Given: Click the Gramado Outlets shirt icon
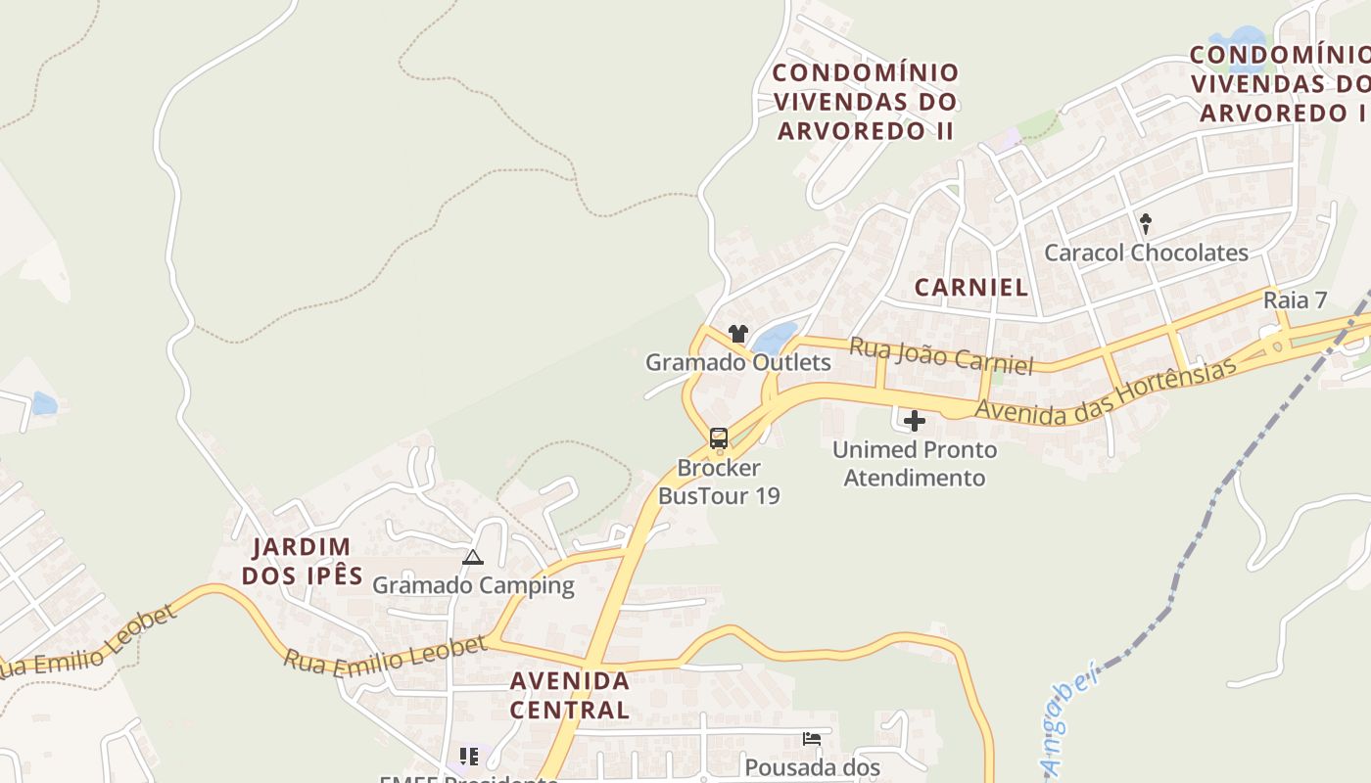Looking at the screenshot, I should pyautogui.click(x=738, y=334).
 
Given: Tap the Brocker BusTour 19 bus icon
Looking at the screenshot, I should pyautogui.click(x=719, y=438).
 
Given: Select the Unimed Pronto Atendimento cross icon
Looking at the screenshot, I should pyautogui.click(x=915, y=421).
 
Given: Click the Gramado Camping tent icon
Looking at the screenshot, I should pyautogui.click(x=473, y=558).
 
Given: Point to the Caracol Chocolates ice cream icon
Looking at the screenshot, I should pyautogui.click(x=1146, y=224).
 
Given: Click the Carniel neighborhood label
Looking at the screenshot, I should pyautogui.click(x=970, y=287).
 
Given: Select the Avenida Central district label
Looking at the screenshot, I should pyautogui.click(x=569, y=695).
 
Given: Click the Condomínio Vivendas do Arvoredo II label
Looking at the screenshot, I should pyautogui.click(x=865, y=102).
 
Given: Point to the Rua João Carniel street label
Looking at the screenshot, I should pyautogui.click(x=941, y=356).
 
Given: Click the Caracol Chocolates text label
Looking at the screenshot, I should pyautogui.click(x=1146, y=253).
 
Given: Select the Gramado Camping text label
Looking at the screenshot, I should pyautogui.click(x=473, y=585).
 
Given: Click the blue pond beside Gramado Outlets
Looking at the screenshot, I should pyautogui.click(x=775, y=339).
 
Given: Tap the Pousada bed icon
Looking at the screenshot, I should pyautogui.click(x=811, y=738).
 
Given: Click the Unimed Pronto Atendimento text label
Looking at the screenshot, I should pyautogui.click(x=915, y=464).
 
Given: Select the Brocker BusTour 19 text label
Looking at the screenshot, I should pyautogui.click(x=719, y=482).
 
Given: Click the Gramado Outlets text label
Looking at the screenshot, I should pyautogui.click(x=737, y=362).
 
